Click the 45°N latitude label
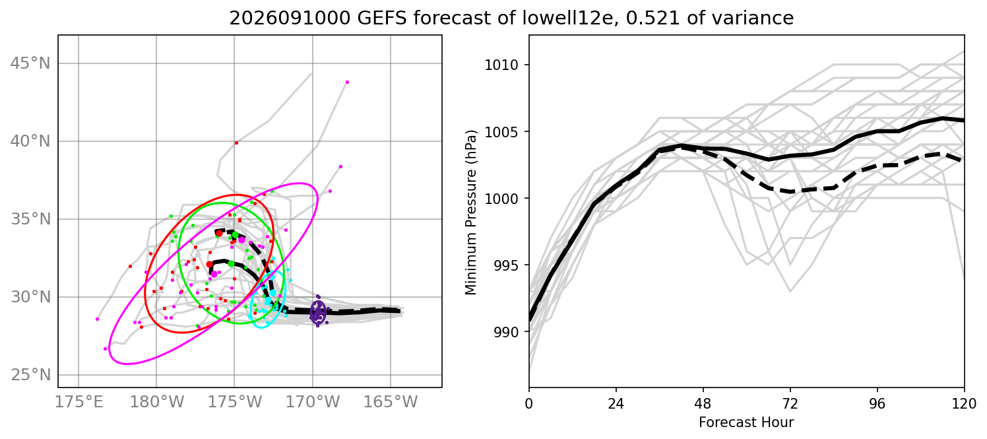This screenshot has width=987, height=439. click(30, 63)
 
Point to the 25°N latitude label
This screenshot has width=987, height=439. click(30, 375)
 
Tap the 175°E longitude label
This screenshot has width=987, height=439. click(79, 402)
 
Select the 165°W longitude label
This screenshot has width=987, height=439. click(391, 402)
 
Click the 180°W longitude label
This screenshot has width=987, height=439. click(156, 402)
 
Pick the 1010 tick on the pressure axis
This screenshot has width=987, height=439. click(501, 65)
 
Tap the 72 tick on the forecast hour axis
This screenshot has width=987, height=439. click(790, 404)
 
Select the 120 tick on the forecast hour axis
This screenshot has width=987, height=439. click(965, 404)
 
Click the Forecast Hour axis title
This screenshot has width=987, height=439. click(746, 422)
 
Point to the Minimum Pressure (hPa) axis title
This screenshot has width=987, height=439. click(471, 213)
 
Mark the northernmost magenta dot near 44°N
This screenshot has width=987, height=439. click(347, 82)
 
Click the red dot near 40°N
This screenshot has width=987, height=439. click(237, 143)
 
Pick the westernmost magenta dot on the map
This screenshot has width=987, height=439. click(98, 319)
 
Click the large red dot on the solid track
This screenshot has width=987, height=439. click(210, 265)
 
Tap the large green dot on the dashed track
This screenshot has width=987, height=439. click(235, 235)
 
